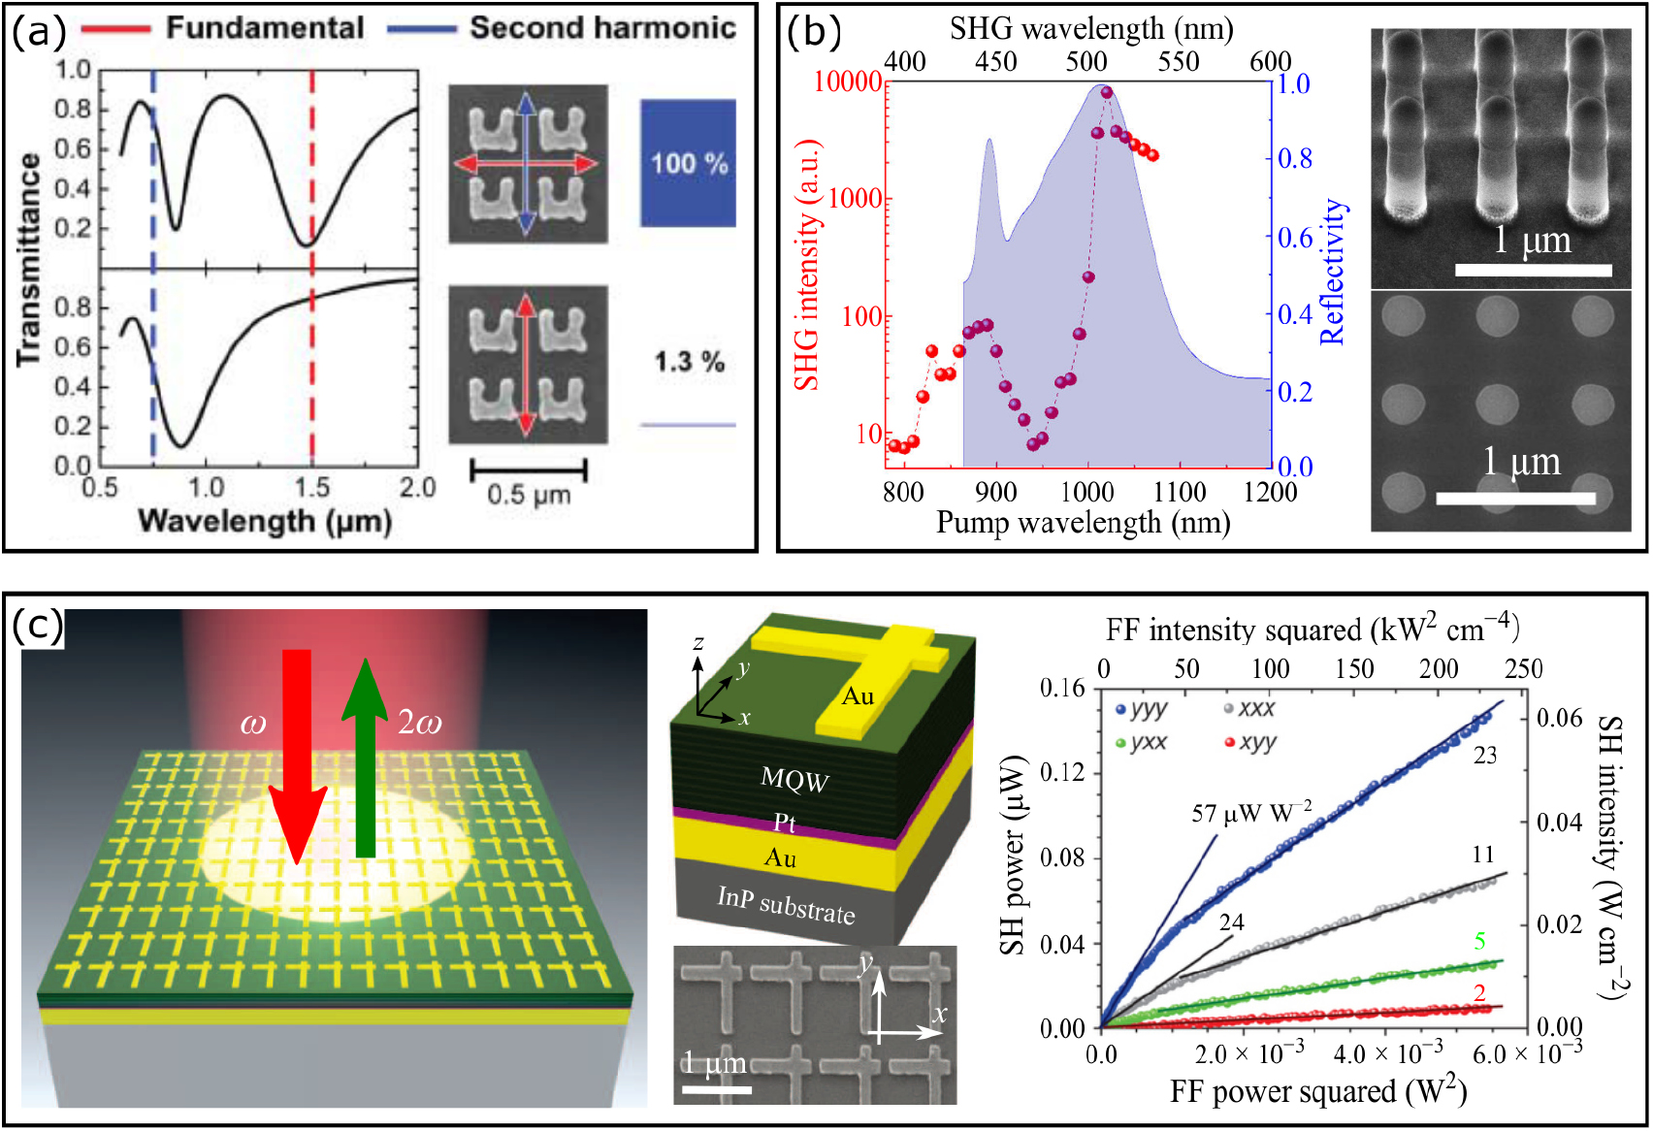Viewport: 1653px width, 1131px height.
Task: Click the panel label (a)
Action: click(38, 32)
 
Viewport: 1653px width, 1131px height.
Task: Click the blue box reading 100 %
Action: click(688, 163)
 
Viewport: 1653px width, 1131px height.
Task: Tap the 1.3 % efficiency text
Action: click(689, 362)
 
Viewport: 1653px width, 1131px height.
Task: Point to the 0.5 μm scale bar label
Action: click(529, 495)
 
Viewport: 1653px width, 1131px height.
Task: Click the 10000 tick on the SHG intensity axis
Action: click(847, 81)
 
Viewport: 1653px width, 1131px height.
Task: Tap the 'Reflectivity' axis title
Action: click(1334, 272)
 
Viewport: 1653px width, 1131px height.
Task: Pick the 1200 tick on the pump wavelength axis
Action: click(1270, 492)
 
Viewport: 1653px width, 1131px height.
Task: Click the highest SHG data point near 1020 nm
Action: click(1106, 93)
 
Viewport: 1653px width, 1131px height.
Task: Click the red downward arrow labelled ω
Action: click(297, 757)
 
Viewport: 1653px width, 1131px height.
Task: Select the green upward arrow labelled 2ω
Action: click(364, 757)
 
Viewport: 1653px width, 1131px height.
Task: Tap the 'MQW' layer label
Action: click(794, 778)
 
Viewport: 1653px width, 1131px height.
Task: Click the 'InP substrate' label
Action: click(786, 904)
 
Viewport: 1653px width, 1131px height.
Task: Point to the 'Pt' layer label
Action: click(784, 823)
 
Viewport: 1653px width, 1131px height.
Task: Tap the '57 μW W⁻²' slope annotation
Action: click(1251, 812)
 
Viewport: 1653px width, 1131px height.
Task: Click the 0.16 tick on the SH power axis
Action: click(1062, 688)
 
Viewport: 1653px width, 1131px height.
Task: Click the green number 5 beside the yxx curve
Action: click(1479, 940)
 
